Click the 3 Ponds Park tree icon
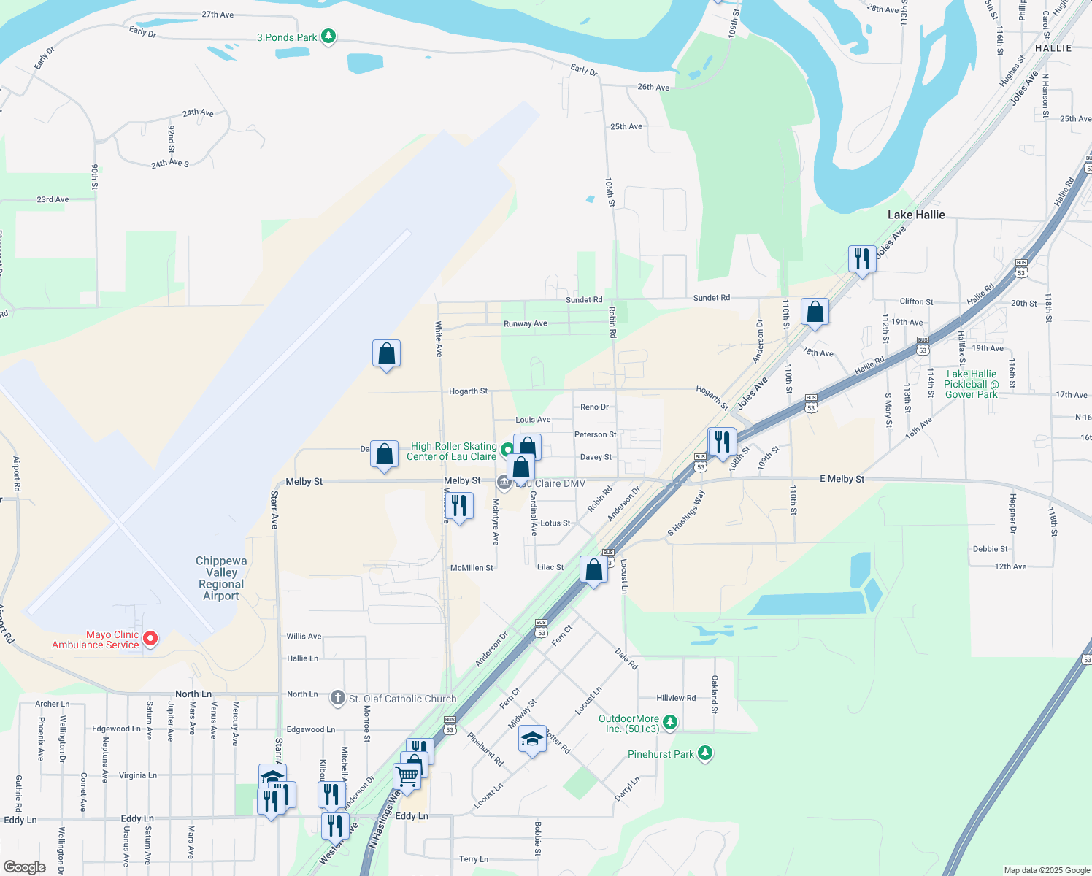point(328,36)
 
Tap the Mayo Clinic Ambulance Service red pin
point(150,639)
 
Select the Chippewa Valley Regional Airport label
point(221,578)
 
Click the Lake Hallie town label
point(916,215)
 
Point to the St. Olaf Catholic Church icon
point(337,698)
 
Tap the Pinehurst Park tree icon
point(704,753)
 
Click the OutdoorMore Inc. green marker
point(670,723)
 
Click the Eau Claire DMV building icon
point(504,483)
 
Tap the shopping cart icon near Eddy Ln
point(407,777)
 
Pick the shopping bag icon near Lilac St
point(594,569)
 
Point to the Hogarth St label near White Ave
point(468,391)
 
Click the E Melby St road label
point(842,479)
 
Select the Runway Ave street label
point(525,323)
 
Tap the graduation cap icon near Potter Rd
point(532,739)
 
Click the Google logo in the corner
point(24,867)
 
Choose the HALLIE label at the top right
point(1053,48)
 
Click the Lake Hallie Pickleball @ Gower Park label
point(971,384)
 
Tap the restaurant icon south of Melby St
point(459,505)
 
